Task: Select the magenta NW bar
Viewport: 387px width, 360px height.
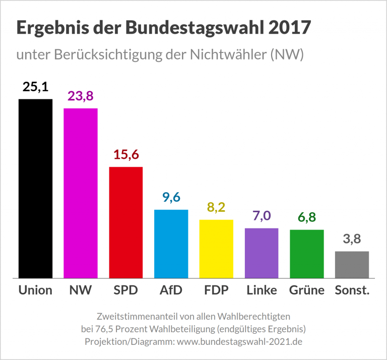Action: coord(81,193)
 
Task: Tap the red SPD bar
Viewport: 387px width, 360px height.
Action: coord(126,222)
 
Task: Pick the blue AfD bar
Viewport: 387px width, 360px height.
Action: coord(171,244)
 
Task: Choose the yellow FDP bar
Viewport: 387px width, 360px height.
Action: coord(216,249)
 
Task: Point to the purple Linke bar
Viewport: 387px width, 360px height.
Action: coord(262,253)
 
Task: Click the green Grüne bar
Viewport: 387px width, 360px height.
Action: coord(306,254)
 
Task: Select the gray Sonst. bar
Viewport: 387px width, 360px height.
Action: coord(352,264)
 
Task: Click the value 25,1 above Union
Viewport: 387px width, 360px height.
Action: coord(35,87)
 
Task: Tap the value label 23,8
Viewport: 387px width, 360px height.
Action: coord(81,96)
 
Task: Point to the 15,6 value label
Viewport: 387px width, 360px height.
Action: coord(126,155)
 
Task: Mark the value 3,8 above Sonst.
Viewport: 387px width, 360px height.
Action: coord(352,239)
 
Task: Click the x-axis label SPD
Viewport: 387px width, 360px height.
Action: coord(126,290)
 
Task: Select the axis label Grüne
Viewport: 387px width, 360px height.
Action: coord(306,290)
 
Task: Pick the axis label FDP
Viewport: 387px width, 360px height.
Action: coord(216,290)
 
